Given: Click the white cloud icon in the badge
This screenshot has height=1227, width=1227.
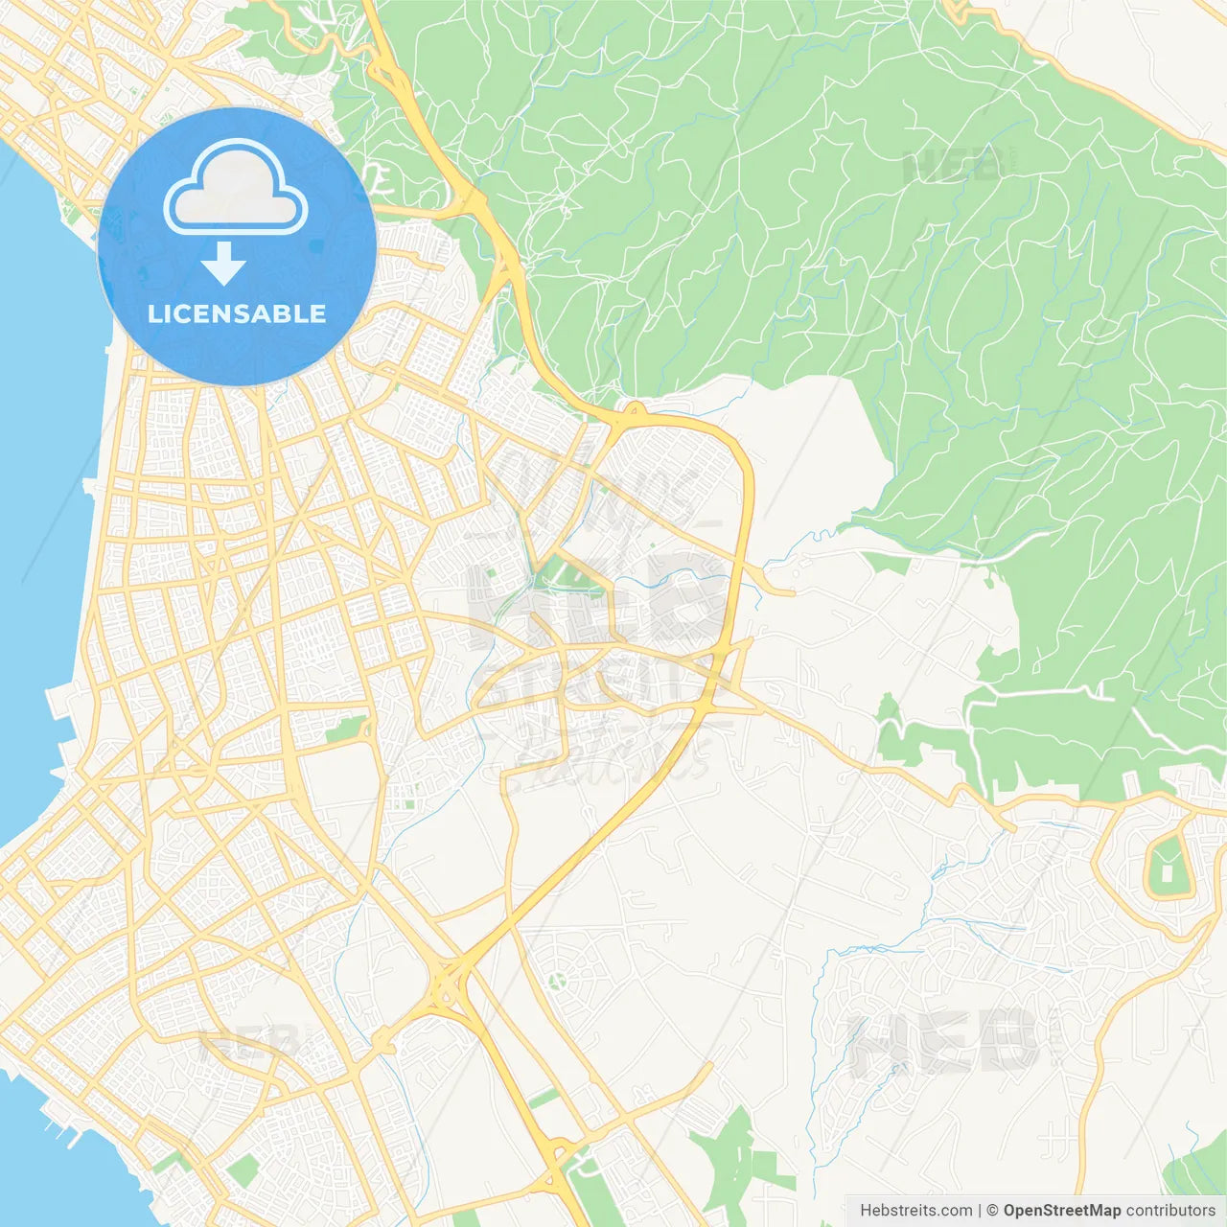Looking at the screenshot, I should point(236,188).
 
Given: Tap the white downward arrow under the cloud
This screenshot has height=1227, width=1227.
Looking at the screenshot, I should point(224,264).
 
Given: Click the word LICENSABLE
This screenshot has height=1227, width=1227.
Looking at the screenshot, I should point(237,313).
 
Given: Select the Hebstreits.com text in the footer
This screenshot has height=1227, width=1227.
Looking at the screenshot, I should point(915,1211).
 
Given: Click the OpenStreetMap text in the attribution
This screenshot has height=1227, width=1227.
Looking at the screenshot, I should point(1061,1211).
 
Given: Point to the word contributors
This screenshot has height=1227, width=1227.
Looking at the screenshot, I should point(1170,1211).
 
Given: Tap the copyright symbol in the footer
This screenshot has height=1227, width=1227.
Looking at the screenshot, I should point(992,1211).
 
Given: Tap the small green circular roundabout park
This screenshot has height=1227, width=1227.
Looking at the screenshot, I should point(556,980).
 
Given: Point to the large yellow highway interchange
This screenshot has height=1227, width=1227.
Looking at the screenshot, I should point(447,983).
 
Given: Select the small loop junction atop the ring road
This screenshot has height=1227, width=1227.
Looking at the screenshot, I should point(631,413).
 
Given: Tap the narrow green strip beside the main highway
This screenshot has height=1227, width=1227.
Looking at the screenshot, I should point(544,1099).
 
